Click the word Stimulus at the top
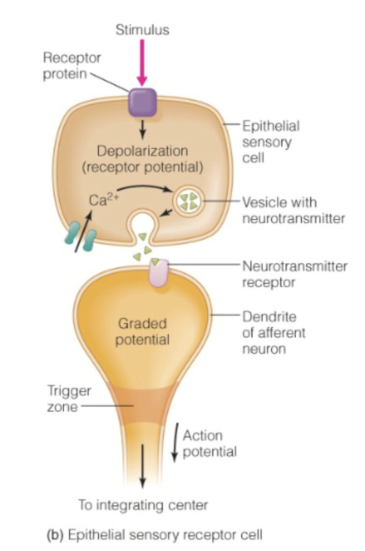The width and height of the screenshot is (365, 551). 142,30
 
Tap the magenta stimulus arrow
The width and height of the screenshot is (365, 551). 142,64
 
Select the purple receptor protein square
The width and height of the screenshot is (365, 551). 142,102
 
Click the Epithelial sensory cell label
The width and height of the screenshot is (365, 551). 271,142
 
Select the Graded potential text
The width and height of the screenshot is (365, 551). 142,331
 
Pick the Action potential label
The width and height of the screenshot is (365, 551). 209,443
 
